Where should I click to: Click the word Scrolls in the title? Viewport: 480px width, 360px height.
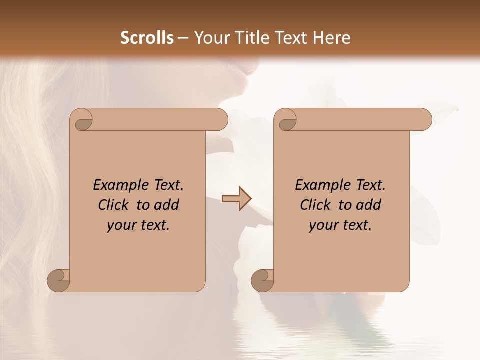pos(147,38)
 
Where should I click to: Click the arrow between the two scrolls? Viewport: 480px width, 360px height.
pos(236,199)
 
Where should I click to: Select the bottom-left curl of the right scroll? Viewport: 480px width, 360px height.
pos(263,280)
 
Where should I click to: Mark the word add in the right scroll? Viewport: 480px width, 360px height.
pos(368,205)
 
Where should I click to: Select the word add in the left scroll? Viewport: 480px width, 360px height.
pos(166,205)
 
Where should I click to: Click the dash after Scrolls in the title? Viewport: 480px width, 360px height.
pos(183,38)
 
